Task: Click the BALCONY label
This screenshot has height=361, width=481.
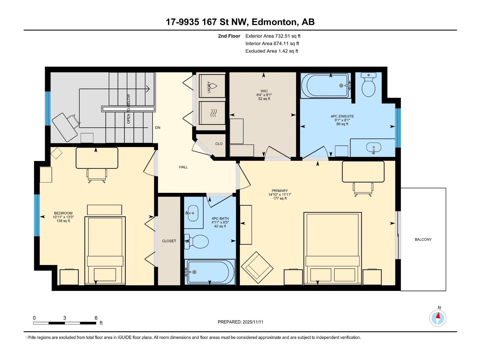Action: pyautogui.click(x=423, y=239)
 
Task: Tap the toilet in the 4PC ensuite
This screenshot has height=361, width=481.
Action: pyautogui.click(x=368, y=85)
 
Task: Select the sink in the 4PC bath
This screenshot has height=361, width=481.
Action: pyautogui.click(x=192, y=213)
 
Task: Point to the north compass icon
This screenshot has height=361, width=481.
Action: pyautogui.click(x=438, y=318)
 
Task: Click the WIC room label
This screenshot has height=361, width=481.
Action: pyautogui.click(x=264, y=91)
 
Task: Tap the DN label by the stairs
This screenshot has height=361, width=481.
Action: pyautogui.click(x=158, y=128)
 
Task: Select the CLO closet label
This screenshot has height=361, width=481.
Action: pyautogui.click(x=219, y=144)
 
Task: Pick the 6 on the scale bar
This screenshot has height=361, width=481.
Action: pyautogui.click(x=96, y=318)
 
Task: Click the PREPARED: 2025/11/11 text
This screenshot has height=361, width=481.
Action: pyautogui.click(x=240, y=322)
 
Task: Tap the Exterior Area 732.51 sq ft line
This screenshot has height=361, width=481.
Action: pyautogui.click(x=273, y=36)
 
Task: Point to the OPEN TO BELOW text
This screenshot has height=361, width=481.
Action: pyautogui.click(x=129, y=109)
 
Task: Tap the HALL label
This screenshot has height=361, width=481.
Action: pyautogui.click(x=183, y=167)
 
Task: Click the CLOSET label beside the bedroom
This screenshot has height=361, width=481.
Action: pyautogui.click(x=169, y=241)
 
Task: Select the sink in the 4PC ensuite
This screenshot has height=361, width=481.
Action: pyautogui.click(x=373, y=148)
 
